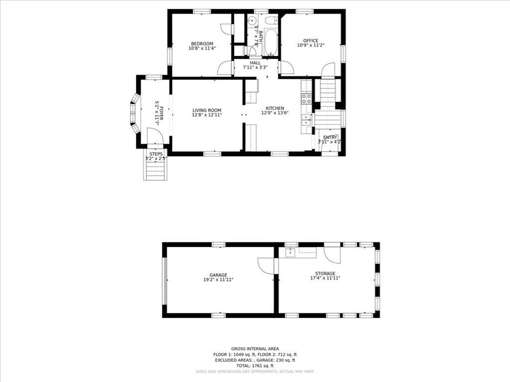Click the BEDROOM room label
202,43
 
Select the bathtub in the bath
271,43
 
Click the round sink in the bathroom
252,20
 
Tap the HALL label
255,63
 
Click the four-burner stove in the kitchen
306,98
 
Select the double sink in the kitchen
306,120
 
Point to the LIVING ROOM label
207,110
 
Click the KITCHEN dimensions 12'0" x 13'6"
274,113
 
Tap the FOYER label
161,105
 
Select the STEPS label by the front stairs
156,154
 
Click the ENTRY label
330,137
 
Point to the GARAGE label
218,275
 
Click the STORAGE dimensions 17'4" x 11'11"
325,278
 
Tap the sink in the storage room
290,253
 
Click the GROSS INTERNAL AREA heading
255,349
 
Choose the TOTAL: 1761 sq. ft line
255,365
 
